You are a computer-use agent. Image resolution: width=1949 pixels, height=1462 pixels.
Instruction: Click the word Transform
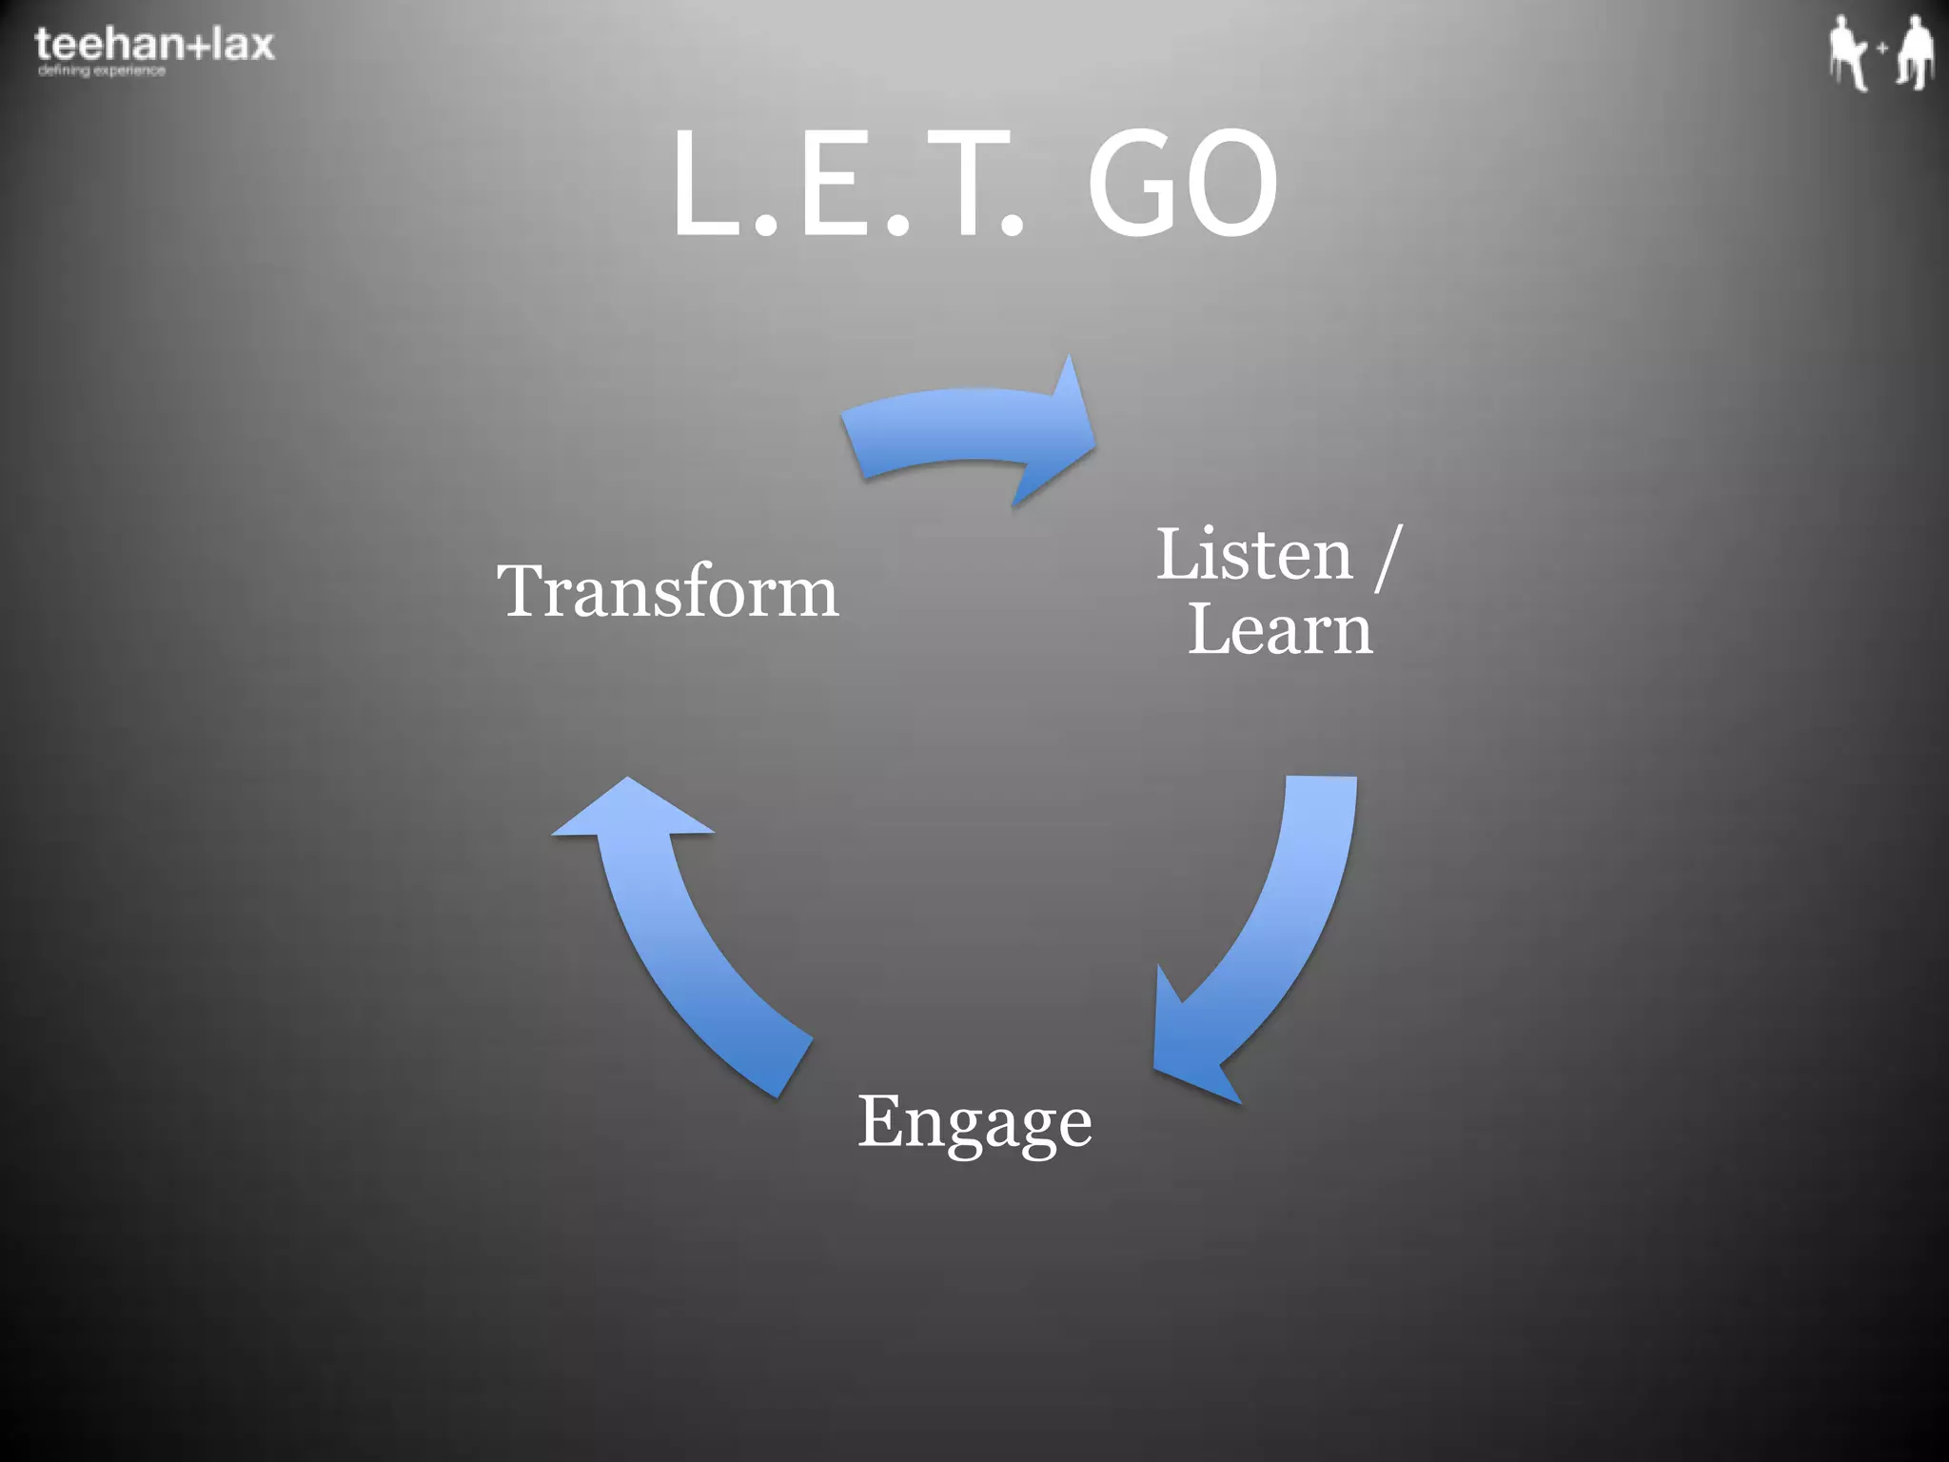click(667, 591)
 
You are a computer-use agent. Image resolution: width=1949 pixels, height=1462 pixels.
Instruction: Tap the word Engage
click(974, 1123)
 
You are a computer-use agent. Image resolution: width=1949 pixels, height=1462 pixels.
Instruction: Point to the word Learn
click(1280, 629)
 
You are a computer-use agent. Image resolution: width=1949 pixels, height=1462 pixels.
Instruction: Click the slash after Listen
click(1388, 557)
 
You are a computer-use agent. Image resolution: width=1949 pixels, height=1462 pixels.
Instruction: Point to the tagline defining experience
click(102, 70)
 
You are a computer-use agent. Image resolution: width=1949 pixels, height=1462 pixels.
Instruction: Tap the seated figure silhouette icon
click(1847, 53)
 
